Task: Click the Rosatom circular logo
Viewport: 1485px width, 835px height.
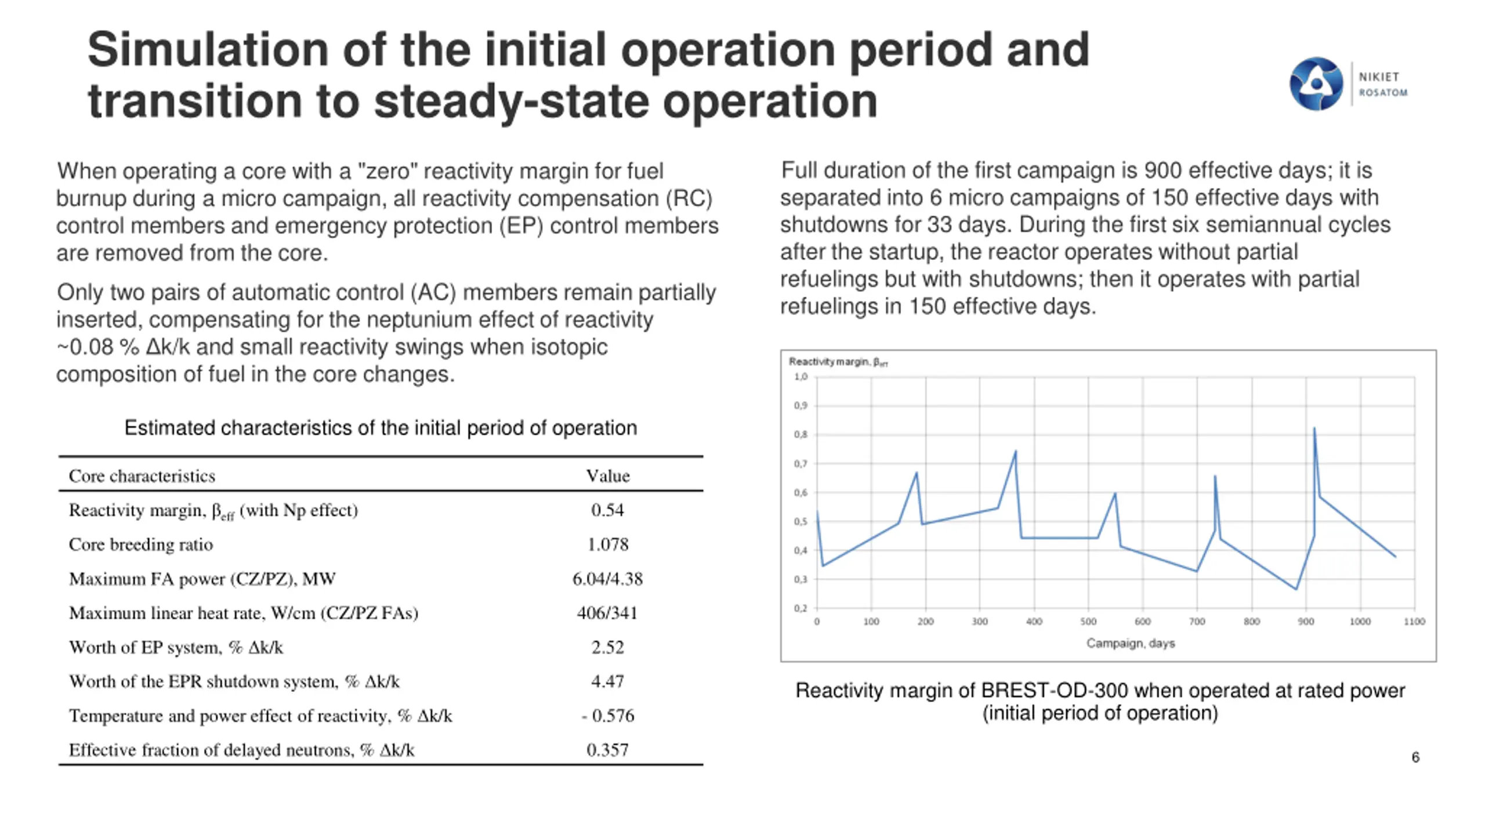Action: coord(1315,83)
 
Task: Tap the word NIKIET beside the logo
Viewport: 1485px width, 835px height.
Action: coord(1379,77)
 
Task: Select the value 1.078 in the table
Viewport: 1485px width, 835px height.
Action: coord(607,544)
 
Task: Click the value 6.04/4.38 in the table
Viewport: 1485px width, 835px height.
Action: coord(607,579)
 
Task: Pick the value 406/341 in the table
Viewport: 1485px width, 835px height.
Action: coord(607,613)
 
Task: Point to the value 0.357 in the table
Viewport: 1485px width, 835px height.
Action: coord(607,750)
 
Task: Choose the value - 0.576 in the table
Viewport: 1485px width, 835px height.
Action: coord(607,716)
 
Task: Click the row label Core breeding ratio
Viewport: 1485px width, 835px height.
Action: coord(141,544)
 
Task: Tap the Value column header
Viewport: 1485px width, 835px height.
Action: coord(607,476)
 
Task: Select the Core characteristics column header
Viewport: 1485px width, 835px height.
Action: coord(142,476)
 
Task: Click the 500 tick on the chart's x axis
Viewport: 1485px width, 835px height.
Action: coord(1088,622)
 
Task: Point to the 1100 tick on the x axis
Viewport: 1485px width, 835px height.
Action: coord(1414,622)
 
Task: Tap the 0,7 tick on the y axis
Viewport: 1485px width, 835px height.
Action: coord(801,464)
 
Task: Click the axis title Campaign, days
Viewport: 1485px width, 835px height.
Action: coord(1131,643)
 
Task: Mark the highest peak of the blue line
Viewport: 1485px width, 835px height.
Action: coord(1314,429)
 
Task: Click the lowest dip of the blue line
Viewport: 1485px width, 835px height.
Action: coord(1296,589)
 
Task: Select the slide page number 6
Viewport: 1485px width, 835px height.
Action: coord(1415,757)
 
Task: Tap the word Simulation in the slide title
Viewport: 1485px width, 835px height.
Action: coord(208,50)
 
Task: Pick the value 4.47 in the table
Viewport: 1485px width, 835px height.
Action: coord(607,681)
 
